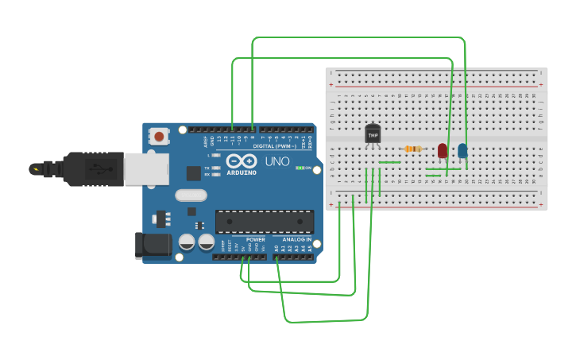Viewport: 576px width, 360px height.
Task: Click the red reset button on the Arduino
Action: coord(160,137)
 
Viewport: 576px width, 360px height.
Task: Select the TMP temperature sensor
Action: coord(373,135)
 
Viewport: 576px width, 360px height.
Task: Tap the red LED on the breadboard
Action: coord(443,150)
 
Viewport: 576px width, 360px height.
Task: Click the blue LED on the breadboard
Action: coord(462,150)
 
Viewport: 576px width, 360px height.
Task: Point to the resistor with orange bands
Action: coord(412,149)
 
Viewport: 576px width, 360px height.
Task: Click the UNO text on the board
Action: coord(277,161)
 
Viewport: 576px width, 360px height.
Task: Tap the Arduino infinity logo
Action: coord(240,160)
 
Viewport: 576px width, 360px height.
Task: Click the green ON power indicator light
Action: coord(299,168)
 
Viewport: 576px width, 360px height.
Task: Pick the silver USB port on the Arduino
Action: coord(147,169)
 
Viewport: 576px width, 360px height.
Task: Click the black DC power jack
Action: coord(153,245)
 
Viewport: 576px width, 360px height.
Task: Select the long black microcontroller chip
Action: coord(265,222)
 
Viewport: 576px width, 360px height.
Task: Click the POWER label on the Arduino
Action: coord(256,239)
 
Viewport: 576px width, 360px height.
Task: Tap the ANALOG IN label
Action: coord(297,239)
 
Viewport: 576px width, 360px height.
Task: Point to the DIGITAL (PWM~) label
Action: coord(274,146)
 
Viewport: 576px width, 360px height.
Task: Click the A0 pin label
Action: coord(277,248)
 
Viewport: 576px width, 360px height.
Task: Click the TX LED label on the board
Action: coord(207,168)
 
